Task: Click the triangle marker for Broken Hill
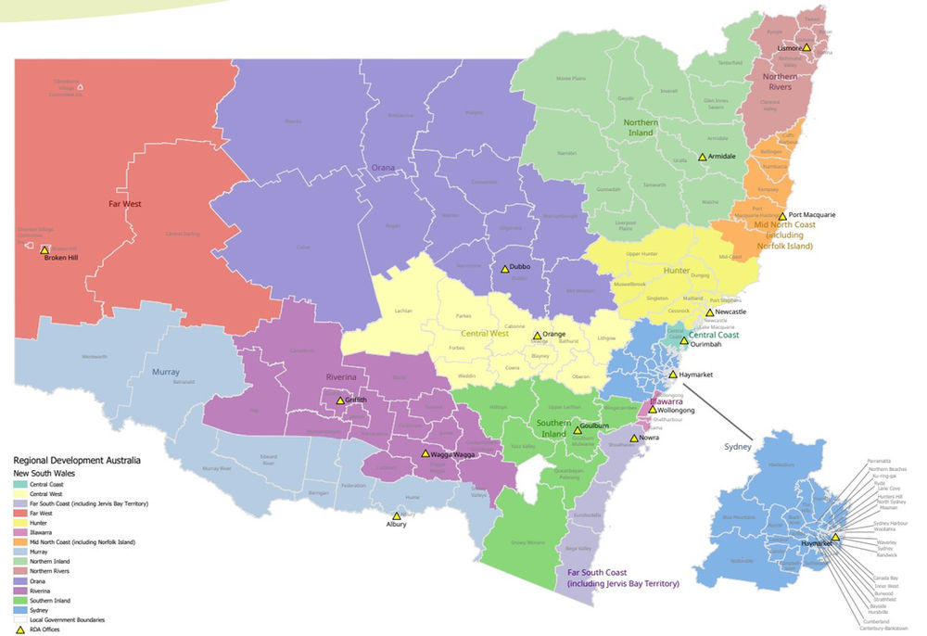point(44,250)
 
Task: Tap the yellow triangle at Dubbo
point(502,269)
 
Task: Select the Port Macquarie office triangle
point(782,216)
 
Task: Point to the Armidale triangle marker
point(702,157)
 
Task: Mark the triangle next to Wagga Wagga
point(425,454)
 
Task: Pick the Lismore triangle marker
point(806,46)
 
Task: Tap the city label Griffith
point(356,401)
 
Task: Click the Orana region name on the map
point(383,168)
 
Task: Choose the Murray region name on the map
point(166,372)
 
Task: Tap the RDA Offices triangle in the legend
point(20,629)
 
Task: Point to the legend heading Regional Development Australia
point(77,460)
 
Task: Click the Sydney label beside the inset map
point(738,446)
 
